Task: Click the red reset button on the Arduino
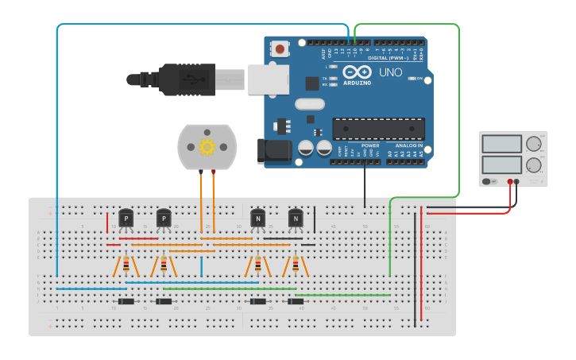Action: (280, 49)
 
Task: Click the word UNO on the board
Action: (390, 72)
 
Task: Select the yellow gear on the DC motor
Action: (207, 146)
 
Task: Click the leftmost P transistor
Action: (126, 219)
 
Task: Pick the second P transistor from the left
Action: (164, 219)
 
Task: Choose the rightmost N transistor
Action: (296, 219)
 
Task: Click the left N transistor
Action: (257, 219)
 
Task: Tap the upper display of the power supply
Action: (501, 145)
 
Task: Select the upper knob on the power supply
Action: (534, 144)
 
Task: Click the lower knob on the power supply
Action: (534, 165)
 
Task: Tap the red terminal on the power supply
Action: (510, 182)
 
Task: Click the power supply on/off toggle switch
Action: (487, 182)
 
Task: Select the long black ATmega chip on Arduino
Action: (378, 129)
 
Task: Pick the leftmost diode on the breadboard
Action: (126, 301)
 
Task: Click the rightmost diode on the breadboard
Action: (296, 301)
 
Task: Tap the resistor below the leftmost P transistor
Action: (126, 264)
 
